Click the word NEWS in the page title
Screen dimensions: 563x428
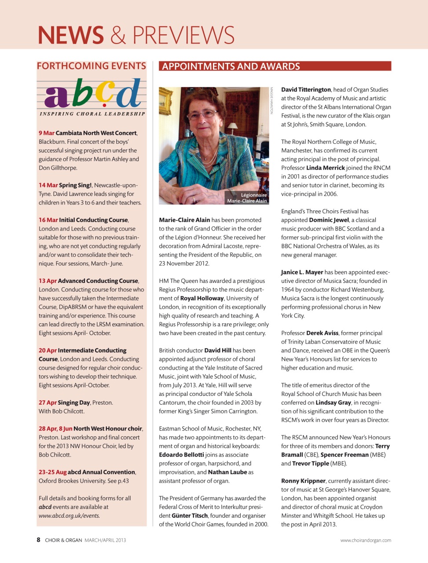point(71,35)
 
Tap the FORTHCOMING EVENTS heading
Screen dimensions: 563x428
point(91,66)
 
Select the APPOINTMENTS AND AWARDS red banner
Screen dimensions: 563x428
point(275,66)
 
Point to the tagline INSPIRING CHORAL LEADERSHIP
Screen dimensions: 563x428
point(92,114)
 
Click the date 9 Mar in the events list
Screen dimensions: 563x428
point(47,133)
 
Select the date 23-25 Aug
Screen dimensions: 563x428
point(52,472)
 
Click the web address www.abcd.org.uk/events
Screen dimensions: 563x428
point(69,515)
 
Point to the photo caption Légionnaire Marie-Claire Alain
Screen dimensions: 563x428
point(247,198)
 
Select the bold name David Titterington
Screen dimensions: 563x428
point(306,90)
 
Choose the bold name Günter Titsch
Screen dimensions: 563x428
point(190,515)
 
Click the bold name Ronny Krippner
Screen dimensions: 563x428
point(304,481)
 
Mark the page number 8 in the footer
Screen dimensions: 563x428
point(39,540)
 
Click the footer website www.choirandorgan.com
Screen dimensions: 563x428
point(366,540)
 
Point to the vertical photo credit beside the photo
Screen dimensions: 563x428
point(272,101)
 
